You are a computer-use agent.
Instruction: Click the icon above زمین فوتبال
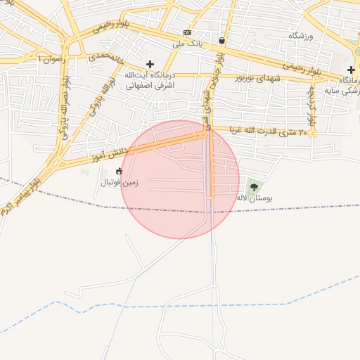(119, 171)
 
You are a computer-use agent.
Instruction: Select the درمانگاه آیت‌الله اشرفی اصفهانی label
(149, 79)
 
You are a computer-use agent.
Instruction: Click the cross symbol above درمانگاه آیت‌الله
(150, 64)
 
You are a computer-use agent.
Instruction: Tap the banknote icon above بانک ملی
(187, 33)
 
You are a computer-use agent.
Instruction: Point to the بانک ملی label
(187, 44)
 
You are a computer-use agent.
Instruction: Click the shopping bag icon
(222, 41)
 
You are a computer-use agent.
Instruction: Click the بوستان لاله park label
(255, 198)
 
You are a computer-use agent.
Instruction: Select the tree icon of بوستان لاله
(255, 186)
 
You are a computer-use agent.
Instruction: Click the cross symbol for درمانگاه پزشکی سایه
(351, 70)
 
